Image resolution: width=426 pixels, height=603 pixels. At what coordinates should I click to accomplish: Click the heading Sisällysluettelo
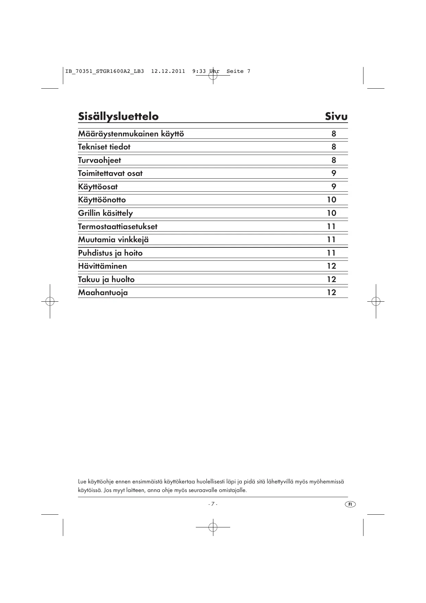(118, 116)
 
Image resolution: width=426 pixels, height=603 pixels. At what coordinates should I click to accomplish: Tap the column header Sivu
(336, 116)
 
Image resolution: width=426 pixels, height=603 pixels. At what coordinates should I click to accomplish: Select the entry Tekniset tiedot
(104, 147)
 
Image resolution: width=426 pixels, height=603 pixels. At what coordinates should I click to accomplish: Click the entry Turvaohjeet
(99, 160)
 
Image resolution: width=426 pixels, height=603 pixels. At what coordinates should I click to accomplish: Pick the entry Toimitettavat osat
(110, 174)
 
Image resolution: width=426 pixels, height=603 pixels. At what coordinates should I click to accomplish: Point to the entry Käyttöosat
(98, 187)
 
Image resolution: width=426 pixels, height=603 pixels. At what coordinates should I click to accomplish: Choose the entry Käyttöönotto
(102, 200)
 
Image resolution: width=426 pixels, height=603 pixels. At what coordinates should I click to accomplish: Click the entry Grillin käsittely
(105, 213)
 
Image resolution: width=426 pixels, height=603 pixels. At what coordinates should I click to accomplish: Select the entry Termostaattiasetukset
(117, 227)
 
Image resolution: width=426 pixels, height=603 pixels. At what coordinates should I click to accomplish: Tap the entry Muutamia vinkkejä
(113, 240)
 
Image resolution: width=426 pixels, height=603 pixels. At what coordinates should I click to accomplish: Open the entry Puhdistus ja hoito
(110, 253)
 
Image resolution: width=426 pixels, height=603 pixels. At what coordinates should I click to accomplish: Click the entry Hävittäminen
(102, 266)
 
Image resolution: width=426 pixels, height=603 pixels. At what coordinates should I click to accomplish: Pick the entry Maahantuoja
(103, 293)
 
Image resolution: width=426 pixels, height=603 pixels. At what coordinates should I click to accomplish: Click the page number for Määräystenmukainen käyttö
(334, 134)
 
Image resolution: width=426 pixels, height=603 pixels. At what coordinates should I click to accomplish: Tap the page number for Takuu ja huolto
(331, 279)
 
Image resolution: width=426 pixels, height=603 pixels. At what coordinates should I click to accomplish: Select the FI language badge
(350, 504)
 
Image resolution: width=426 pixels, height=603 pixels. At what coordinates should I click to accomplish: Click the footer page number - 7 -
(213, 504)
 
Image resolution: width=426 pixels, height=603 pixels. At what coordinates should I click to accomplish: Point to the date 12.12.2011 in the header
(168, 71)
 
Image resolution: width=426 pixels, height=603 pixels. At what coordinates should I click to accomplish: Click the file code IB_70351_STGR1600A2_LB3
(104, 71)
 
